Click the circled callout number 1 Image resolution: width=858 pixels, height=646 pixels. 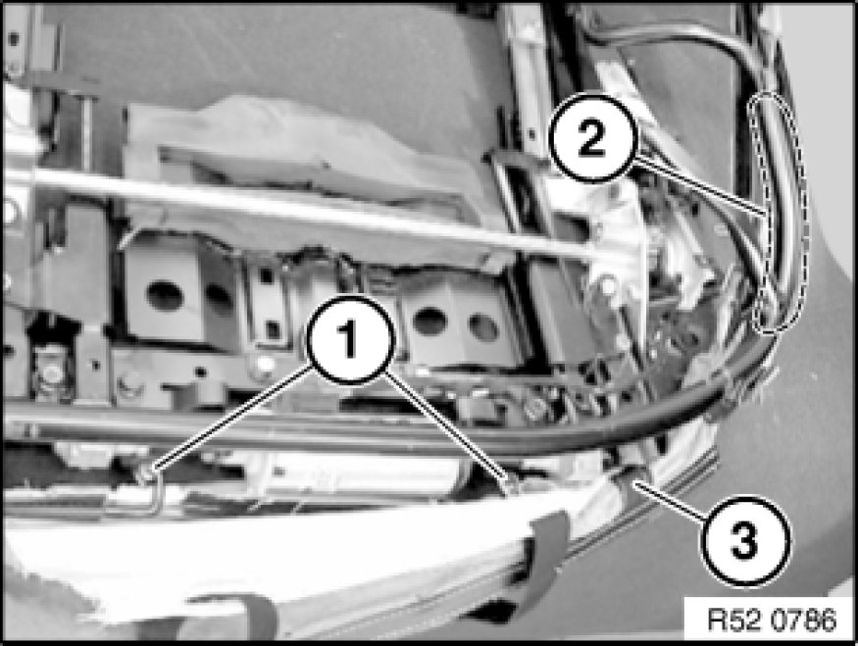coord(350,339)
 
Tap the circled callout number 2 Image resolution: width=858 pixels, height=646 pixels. coord(591,138)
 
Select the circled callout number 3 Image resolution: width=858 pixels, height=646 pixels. coord(744,541)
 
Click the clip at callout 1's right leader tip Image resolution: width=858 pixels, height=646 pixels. coord(512,484)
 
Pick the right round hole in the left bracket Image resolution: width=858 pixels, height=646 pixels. coord(219,299)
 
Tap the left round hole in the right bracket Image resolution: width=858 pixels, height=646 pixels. coord(429,322)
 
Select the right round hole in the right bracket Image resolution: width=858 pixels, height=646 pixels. coord(483,326)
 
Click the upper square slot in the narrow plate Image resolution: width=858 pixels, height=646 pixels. coord(267,275)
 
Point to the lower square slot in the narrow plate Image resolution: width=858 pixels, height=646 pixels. coord(272,329)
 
